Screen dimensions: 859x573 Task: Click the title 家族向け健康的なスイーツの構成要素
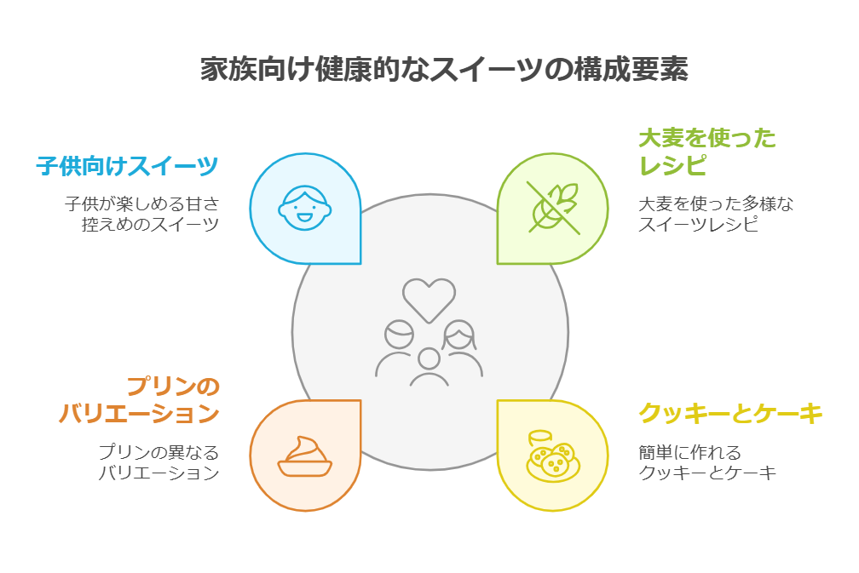click(x=444, y=70)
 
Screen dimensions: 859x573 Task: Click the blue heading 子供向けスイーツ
click(x=127, y=165)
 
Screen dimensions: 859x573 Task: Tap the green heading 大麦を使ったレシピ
click(x=706, y=151)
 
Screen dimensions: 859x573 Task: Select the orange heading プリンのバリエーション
click(x=139, y=400)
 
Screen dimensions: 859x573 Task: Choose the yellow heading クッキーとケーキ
click(x=730, y=414)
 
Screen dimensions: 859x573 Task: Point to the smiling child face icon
click(x=304, y=209)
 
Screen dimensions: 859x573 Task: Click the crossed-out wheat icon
click(x=552, y=207)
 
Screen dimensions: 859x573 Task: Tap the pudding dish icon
click(x=304, y=456)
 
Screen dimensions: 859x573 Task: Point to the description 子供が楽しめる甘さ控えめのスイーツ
click(x=141, y=215)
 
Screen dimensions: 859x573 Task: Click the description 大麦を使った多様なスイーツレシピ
click(x=716, y=215)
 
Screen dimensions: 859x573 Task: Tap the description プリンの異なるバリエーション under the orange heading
click(x=158, y=462)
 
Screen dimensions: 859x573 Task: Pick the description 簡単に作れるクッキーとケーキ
click(x=707, y=462)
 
